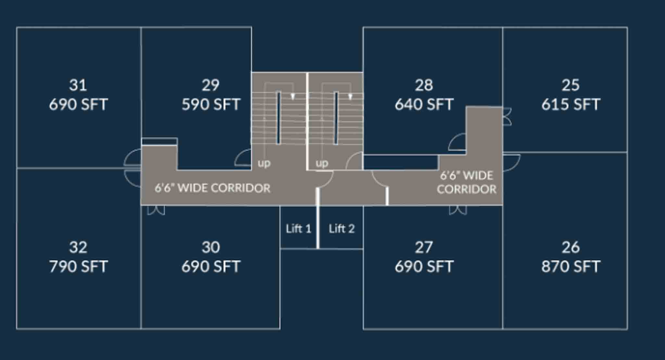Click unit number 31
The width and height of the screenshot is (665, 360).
point(78,85)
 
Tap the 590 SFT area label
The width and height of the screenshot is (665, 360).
point(211,105)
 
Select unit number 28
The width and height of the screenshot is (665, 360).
point(424,85)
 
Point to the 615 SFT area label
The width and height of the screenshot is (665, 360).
point(571,105)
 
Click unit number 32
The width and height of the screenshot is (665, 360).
point(78,247)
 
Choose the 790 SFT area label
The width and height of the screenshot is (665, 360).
point(78,267)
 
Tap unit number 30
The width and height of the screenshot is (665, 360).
point(211,247)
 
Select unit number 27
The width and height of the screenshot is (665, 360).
point(424,247)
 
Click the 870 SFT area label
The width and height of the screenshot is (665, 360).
point(571,267)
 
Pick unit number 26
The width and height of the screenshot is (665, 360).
point(571,247)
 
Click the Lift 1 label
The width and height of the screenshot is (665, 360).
point(298,229)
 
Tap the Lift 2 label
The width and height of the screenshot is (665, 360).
point(342,229)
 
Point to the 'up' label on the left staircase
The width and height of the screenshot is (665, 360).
point(264,163)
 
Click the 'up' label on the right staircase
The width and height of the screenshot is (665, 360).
point(322,163)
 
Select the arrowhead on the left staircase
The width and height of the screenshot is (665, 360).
point(293,96)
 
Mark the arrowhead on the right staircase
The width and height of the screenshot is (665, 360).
point(350,96)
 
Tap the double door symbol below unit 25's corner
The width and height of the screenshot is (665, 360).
point(511,162)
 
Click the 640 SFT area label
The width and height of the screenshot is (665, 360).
point(424,105)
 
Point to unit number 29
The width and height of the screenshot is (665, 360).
point(211,85)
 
